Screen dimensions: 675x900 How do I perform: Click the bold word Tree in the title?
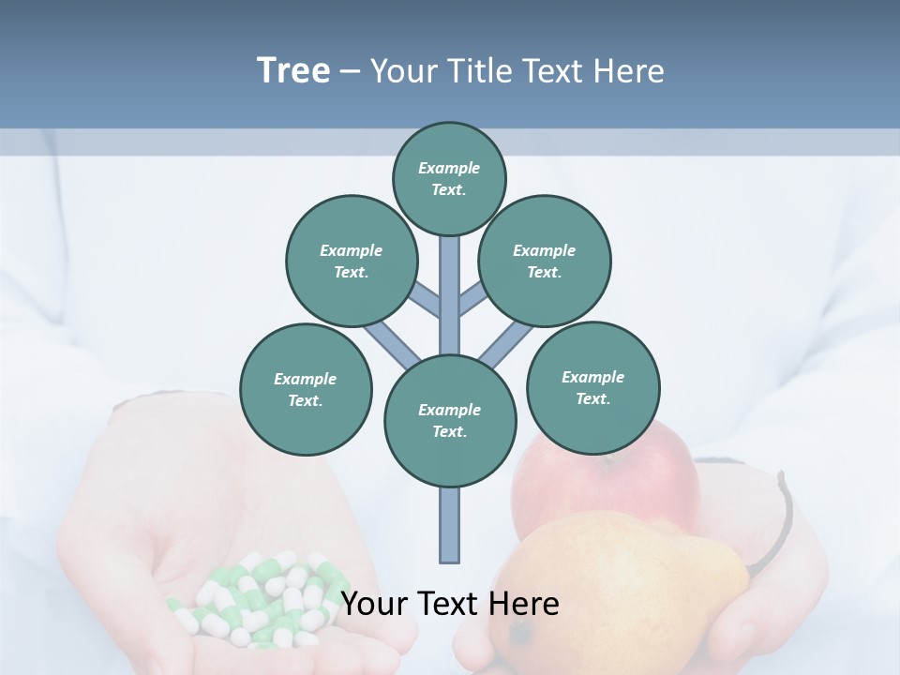point(293,70)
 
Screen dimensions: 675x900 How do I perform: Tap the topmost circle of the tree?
point(449,178)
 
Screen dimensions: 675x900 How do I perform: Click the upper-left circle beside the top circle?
point(351,261)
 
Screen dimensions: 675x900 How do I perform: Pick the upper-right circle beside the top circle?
point(544,261)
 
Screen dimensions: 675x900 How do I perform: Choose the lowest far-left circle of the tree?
point(306,389)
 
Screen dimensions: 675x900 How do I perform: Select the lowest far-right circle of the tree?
point(592,387)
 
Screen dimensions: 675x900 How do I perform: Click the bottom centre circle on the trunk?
point(450,420)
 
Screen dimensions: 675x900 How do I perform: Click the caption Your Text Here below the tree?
point(449,604)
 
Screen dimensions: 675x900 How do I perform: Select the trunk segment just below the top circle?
point(450,281)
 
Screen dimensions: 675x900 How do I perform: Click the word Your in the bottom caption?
point(374,604)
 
